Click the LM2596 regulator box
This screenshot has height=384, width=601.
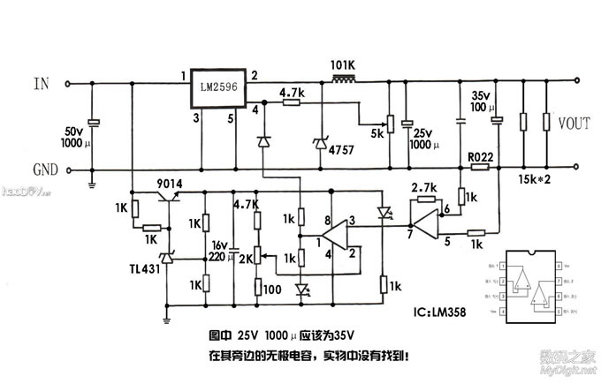click(x=216, y=87)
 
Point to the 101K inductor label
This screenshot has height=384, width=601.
click(x=342, y=64)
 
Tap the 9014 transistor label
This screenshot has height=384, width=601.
click(x=168, y=184)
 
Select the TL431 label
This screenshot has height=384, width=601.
click(x=146, y=267)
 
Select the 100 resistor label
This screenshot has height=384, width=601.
click(x=271, y=289)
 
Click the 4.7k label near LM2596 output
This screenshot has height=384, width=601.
click(x=293, y=91)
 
